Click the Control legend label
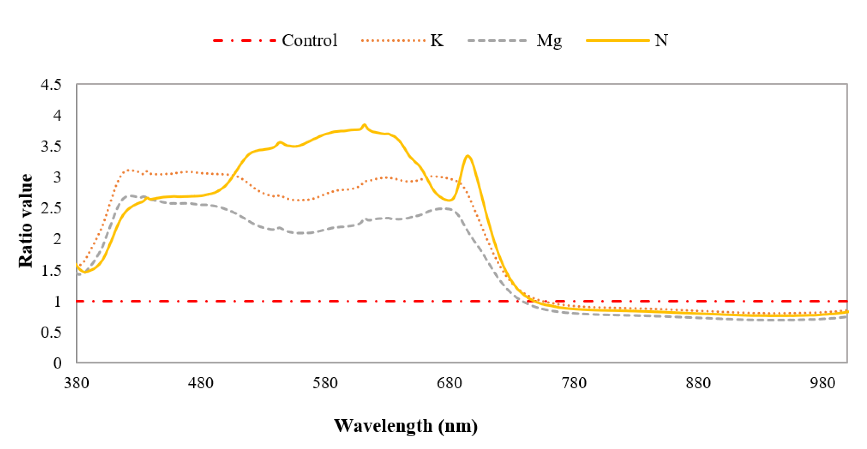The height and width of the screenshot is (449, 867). point(309,41)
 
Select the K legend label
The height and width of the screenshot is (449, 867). point(437,41)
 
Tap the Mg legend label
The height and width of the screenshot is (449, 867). point(549,41)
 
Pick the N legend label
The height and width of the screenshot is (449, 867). point(661,41)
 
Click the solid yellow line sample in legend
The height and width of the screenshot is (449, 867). point(618,41)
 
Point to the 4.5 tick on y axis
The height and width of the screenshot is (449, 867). point(51,84)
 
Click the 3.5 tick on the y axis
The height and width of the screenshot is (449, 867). point(51,147)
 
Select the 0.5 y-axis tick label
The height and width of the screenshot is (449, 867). point(51,332)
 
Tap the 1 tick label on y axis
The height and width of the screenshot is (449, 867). point(58,301)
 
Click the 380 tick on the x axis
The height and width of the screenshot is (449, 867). point(76,383)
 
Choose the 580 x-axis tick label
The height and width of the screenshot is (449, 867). point(325,383)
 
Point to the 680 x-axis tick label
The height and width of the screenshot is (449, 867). point(449,383)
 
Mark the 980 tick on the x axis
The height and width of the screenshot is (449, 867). point(822,383)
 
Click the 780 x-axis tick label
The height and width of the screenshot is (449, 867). point(574,383)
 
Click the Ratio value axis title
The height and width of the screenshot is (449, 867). point(26,221)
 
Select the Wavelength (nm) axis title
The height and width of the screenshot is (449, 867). point(406,426)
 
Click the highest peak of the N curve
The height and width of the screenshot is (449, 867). point(364,125)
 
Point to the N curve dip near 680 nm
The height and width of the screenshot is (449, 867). point(450,200)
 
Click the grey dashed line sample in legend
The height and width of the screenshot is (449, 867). point(497,41)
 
